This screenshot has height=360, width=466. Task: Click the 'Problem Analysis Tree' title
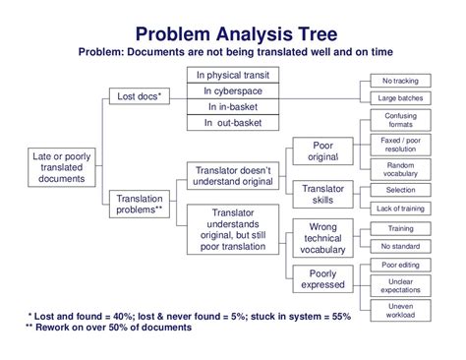click(233, 35)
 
